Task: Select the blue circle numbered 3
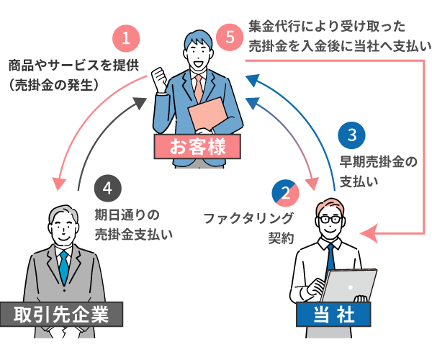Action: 352,135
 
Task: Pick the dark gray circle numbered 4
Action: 107,189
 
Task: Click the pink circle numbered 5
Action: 230,37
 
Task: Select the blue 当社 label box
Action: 333,315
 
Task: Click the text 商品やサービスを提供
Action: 71,65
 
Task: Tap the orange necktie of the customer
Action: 197,87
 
